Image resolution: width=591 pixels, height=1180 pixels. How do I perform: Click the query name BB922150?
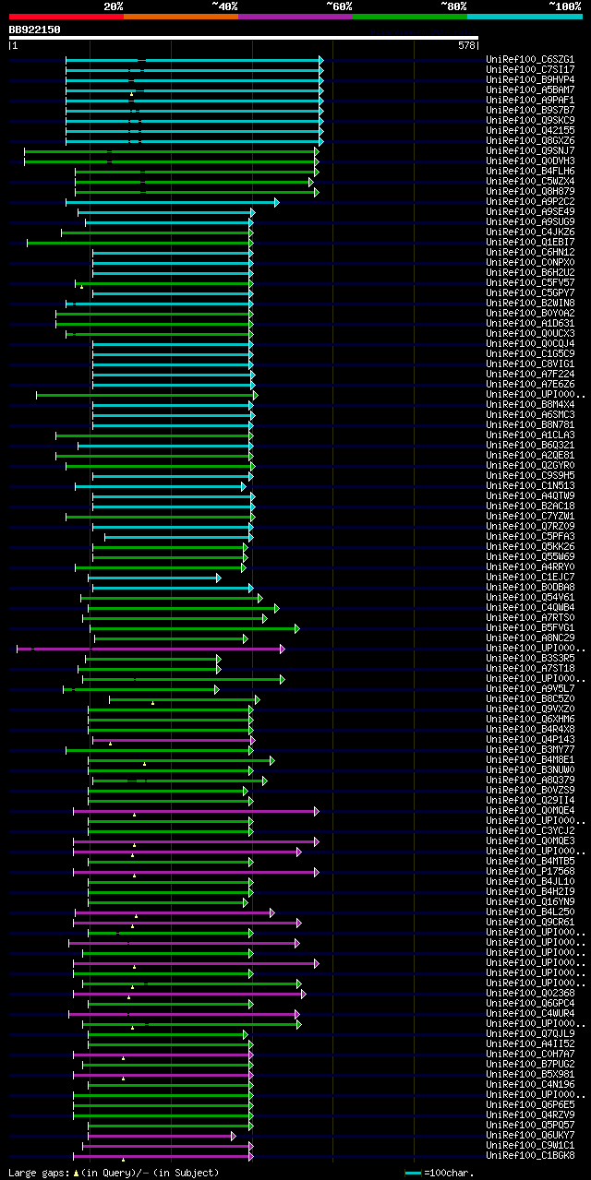(34, 30)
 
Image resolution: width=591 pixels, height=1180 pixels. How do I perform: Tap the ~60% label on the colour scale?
(339, 6)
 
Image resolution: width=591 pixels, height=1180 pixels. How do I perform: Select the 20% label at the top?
(113, 6)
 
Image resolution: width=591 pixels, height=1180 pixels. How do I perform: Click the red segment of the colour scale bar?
(66, 16)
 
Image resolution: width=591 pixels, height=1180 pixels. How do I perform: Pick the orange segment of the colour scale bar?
(180, 16)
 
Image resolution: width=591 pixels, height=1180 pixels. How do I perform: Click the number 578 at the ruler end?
(466, 44)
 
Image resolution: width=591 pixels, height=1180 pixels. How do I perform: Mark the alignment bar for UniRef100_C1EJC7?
(153, 578)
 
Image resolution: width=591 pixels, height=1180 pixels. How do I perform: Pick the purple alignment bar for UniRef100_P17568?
(194, 872)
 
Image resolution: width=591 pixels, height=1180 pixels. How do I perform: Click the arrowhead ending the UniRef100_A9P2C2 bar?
(276, 202)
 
